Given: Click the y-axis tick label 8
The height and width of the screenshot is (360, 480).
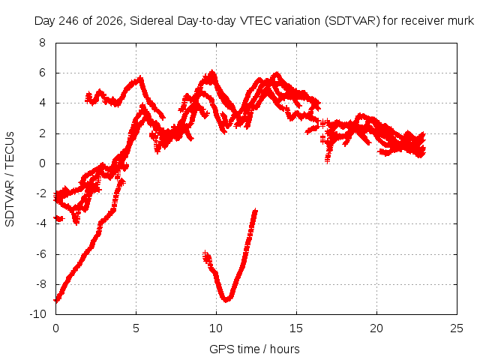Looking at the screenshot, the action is tap(42, 43).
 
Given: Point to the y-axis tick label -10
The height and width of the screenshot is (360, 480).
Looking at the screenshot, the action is tap(37, 314).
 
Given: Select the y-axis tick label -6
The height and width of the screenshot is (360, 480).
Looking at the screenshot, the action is tap(40, 254).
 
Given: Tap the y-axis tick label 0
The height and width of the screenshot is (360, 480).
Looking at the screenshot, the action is tap(42, 163).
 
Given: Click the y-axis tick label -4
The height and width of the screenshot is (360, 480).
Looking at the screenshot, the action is tap(40, 223).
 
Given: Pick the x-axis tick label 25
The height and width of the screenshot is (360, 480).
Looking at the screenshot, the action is tap(457, 328).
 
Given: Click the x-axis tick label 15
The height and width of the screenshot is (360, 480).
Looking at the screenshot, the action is tap(296, 328).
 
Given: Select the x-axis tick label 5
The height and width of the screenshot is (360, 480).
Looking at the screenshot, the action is tap(136, 328).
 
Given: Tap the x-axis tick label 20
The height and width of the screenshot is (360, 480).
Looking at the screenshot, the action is tap(376, 328).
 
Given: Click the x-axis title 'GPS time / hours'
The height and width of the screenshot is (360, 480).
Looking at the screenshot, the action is tap(254, 349).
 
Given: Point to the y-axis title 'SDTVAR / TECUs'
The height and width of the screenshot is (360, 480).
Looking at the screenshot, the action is tap(10, 179).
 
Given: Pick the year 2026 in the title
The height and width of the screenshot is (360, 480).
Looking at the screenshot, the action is tap(109, 21).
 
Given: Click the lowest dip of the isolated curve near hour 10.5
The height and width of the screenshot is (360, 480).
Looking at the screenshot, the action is tap(226, 300).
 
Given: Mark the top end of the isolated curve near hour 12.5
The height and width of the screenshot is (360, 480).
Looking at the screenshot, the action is tap(255, 210).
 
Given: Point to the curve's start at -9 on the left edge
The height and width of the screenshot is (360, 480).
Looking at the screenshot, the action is tap(56, 300).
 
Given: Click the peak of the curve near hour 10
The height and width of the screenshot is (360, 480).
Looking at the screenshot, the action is tap(211, 73).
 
